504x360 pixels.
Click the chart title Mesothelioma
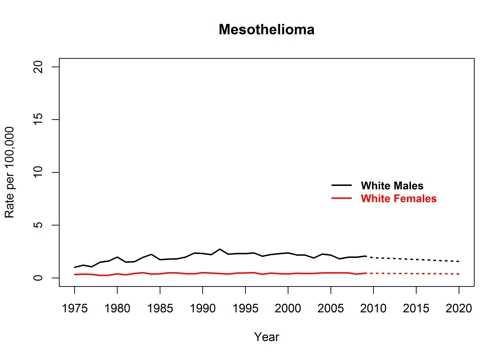tap(266, 31)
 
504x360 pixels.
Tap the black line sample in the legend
tap(343, 186)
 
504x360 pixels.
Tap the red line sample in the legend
tap(343, 199)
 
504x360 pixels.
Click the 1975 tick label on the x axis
tap(75, 308)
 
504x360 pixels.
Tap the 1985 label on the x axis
tap(160, 308)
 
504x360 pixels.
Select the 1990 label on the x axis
tap(203, 308)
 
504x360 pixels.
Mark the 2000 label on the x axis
tap(288, 308)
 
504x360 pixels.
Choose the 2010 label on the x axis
tap(373, 308)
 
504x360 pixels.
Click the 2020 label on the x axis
tap(458, 308)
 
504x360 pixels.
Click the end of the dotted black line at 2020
tap(458, 262)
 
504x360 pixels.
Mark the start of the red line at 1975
tap(75, 274)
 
